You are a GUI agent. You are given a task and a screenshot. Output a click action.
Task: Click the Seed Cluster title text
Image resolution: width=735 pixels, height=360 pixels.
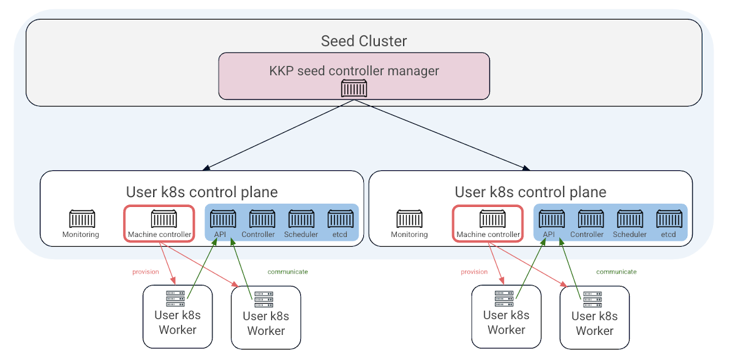[x=364, y=41]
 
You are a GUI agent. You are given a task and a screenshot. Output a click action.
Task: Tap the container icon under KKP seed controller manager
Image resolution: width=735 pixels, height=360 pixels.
[x=354, y=89]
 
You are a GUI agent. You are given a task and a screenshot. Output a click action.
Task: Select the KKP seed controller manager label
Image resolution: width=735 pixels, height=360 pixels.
[x=354, y=71]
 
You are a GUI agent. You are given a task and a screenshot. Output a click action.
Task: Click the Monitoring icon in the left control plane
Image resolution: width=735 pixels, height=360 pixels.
[x=81, y=219]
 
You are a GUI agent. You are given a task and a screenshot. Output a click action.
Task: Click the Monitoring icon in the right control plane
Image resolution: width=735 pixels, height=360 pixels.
[x=410, y=219]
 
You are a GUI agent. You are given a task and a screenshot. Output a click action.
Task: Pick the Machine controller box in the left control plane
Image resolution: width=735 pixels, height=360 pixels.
[x=160, y=223]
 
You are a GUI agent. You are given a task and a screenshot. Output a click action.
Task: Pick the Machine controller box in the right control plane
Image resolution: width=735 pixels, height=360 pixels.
[x=488, y=223]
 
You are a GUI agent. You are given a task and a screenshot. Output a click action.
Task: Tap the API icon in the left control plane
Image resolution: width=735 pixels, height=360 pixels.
[x=223, y=219]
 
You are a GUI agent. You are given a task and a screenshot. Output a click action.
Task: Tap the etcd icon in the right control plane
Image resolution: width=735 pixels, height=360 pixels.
[x=669, y=219]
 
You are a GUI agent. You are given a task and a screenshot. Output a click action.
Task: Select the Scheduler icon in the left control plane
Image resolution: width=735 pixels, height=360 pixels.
[x=301, y=219]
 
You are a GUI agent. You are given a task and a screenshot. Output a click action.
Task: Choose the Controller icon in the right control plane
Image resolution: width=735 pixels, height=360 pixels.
[x=590, y=219]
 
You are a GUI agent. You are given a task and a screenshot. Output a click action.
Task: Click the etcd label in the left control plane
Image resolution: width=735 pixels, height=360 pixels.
[x=340, y=234]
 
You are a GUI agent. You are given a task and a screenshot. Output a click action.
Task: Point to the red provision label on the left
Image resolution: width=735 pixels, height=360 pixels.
[x=146, y=272]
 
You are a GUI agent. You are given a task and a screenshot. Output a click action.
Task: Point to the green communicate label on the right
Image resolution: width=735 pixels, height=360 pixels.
[x=616, y=271]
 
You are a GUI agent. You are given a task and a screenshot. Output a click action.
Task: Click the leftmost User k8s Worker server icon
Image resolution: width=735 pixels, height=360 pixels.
[x=176, y=299]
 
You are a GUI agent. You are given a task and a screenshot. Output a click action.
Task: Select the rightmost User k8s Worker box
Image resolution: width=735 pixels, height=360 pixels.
[x=595, y=317]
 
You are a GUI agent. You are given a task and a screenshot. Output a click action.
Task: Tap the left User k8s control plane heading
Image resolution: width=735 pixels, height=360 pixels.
[x=202, y=192]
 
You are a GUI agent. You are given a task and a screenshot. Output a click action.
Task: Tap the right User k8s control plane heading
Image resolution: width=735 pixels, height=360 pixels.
[x=530, y=192]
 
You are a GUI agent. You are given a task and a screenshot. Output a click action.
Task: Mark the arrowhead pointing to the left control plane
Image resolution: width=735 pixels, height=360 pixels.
[x=206, y=168]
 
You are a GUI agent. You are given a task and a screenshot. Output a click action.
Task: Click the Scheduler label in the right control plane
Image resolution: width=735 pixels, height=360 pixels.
[x=630, y=234]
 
